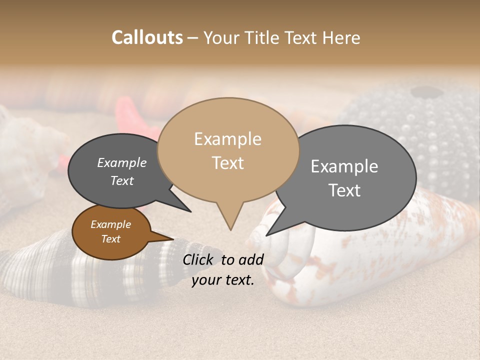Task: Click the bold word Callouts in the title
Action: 147,37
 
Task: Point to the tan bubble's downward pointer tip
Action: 230,229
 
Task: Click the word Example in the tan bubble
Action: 227,139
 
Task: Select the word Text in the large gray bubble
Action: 344,190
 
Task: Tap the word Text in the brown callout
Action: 110,239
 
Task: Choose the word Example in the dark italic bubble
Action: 122,162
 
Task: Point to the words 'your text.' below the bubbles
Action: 223,280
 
